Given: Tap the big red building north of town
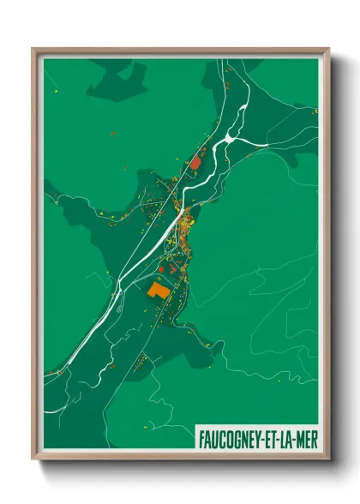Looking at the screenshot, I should (x=195, y=161).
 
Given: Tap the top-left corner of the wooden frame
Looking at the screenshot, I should (x=33, y=50).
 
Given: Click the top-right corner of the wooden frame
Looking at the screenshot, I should (x=327, y=50).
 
